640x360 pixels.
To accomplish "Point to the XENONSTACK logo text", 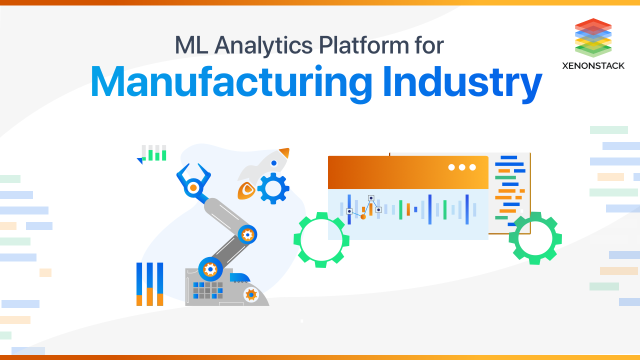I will coord(593,65).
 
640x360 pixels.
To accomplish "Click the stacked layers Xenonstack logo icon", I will coord(593,37).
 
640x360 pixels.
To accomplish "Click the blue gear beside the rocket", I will coord(273,188).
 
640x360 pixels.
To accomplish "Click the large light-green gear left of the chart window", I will coord(321,239).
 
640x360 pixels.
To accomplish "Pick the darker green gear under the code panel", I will coord(535,238).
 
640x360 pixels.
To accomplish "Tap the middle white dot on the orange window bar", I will coord(462,167).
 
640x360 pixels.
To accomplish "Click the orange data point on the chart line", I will coord(363,216).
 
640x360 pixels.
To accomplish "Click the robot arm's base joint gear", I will coord(210,269).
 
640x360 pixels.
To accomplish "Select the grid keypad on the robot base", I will coord(207,290).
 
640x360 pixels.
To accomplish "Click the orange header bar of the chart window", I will coord(390,172).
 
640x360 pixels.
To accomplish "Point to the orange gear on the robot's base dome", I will coord(250,294).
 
